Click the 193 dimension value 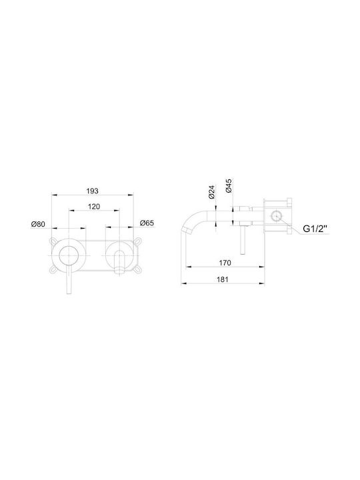(x=92, y=191)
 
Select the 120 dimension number (x=94, y=207)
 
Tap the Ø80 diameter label (x=38, y=224)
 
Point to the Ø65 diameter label (x=147, y=223)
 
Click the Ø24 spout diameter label (x=211, y=192)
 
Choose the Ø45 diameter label (x=229, y=185)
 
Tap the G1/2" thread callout (x=315, y=229)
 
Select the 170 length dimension (x=225, y=263)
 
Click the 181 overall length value (x=223, y=279)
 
